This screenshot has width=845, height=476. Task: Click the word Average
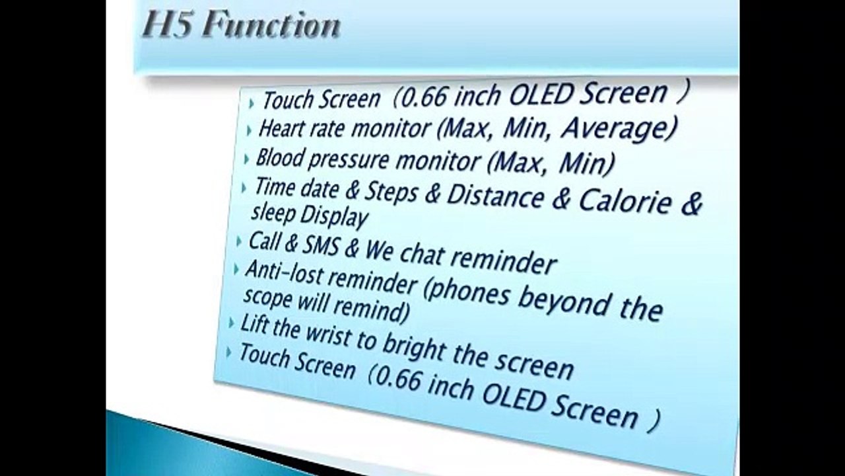619,129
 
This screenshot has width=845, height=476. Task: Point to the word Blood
279,157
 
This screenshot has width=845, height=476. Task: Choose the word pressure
348,160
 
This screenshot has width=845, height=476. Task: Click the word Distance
495,196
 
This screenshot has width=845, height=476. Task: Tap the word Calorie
625,202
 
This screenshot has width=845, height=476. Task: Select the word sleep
273,213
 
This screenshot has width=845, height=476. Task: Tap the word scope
267,297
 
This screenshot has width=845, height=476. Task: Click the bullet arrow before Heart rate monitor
249,131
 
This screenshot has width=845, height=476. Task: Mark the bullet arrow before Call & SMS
238,242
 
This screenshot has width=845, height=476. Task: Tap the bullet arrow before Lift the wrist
231,323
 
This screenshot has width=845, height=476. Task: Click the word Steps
391,191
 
